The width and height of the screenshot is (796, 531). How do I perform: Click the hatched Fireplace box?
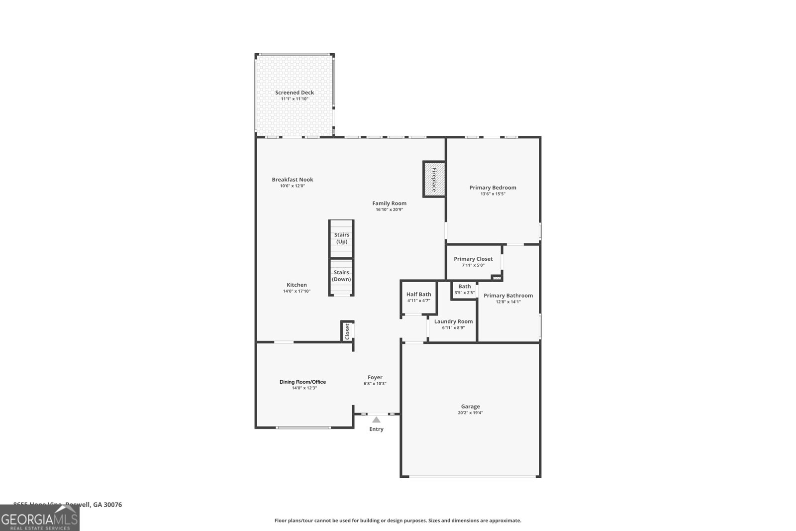click(x=434, y=179)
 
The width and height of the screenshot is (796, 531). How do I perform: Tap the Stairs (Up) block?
click(x=341, y=238)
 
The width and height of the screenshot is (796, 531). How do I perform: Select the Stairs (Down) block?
click(x=341, y=276)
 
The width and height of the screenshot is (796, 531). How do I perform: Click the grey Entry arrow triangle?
click(x=377, y=420)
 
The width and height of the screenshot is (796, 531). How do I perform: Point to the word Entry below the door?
click(x=376, y=429)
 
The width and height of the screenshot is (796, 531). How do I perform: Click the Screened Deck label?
click(x=295, y=93)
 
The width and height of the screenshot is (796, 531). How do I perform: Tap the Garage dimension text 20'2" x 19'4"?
click(x=470, y=413)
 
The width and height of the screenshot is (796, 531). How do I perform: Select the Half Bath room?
click(x=418, y=297)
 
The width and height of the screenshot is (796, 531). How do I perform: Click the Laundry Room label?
click(x=453, y=321)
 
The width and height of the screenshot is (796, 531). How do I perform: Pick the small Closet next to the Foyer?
click(x=347, y=331)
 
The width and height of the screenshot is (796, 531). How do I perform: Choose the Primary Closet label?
click(x=473, y=259)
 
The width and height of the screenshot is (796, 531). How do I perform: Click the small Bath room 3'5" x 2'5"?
click(x=464, y=290)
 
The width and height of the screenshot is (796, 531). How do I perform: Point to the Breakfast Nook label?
click(x=293, y=180)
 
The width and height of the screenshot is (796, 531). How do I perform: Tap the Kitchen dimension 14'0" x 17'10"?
click(x=297, y=292)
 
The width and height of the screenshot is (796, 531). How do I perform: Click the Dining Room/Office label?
click(x=302, y=382)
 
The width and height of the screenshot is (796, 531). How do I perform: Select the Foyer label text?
click(x=375, y=377)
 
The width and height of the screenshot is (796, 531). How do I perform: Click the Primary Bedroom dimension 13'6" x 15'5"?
click(x=493, y=194)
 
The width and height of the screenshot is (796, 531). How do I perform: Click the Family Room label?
click(x=390, y=203)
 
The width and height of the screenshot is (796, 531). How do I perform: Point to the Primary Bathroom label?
click(x=508, y=296)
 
